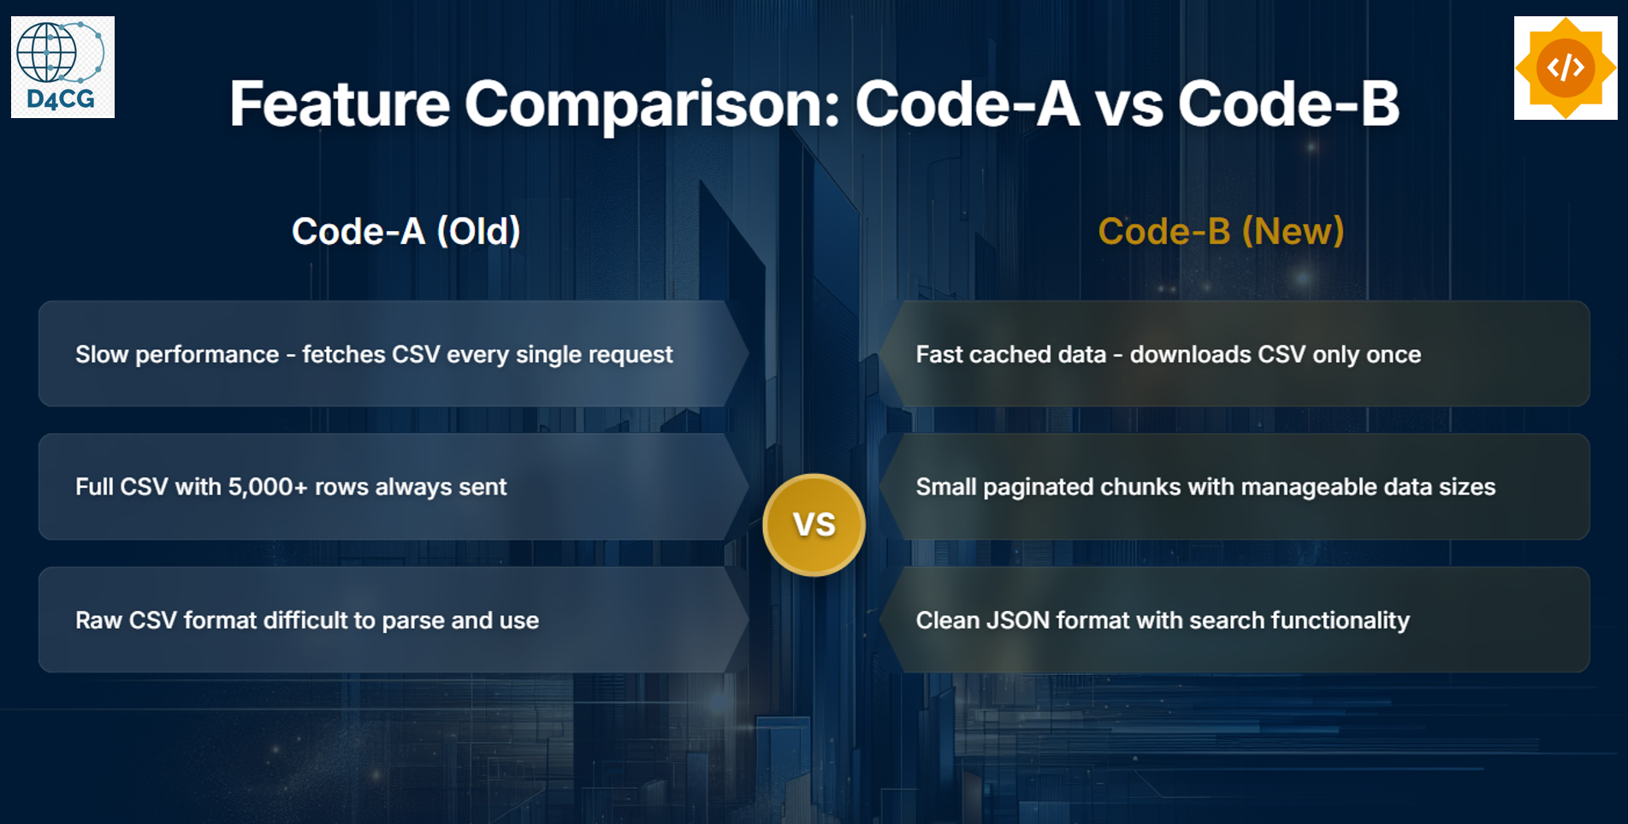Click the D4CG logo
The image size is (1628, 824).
coord(62,67)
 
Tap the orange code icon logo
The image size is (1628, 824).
coord(1565,68)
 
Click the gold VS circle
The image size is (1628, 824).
coord(814,525)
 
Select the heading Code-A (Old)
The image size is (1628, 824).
coord(406,231)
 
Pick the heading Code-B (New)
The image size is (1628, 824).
coord(1221,231)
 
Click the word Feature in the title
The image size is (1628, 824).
coord(340,104)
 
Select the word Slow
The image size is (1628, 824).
coord(102,354)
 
